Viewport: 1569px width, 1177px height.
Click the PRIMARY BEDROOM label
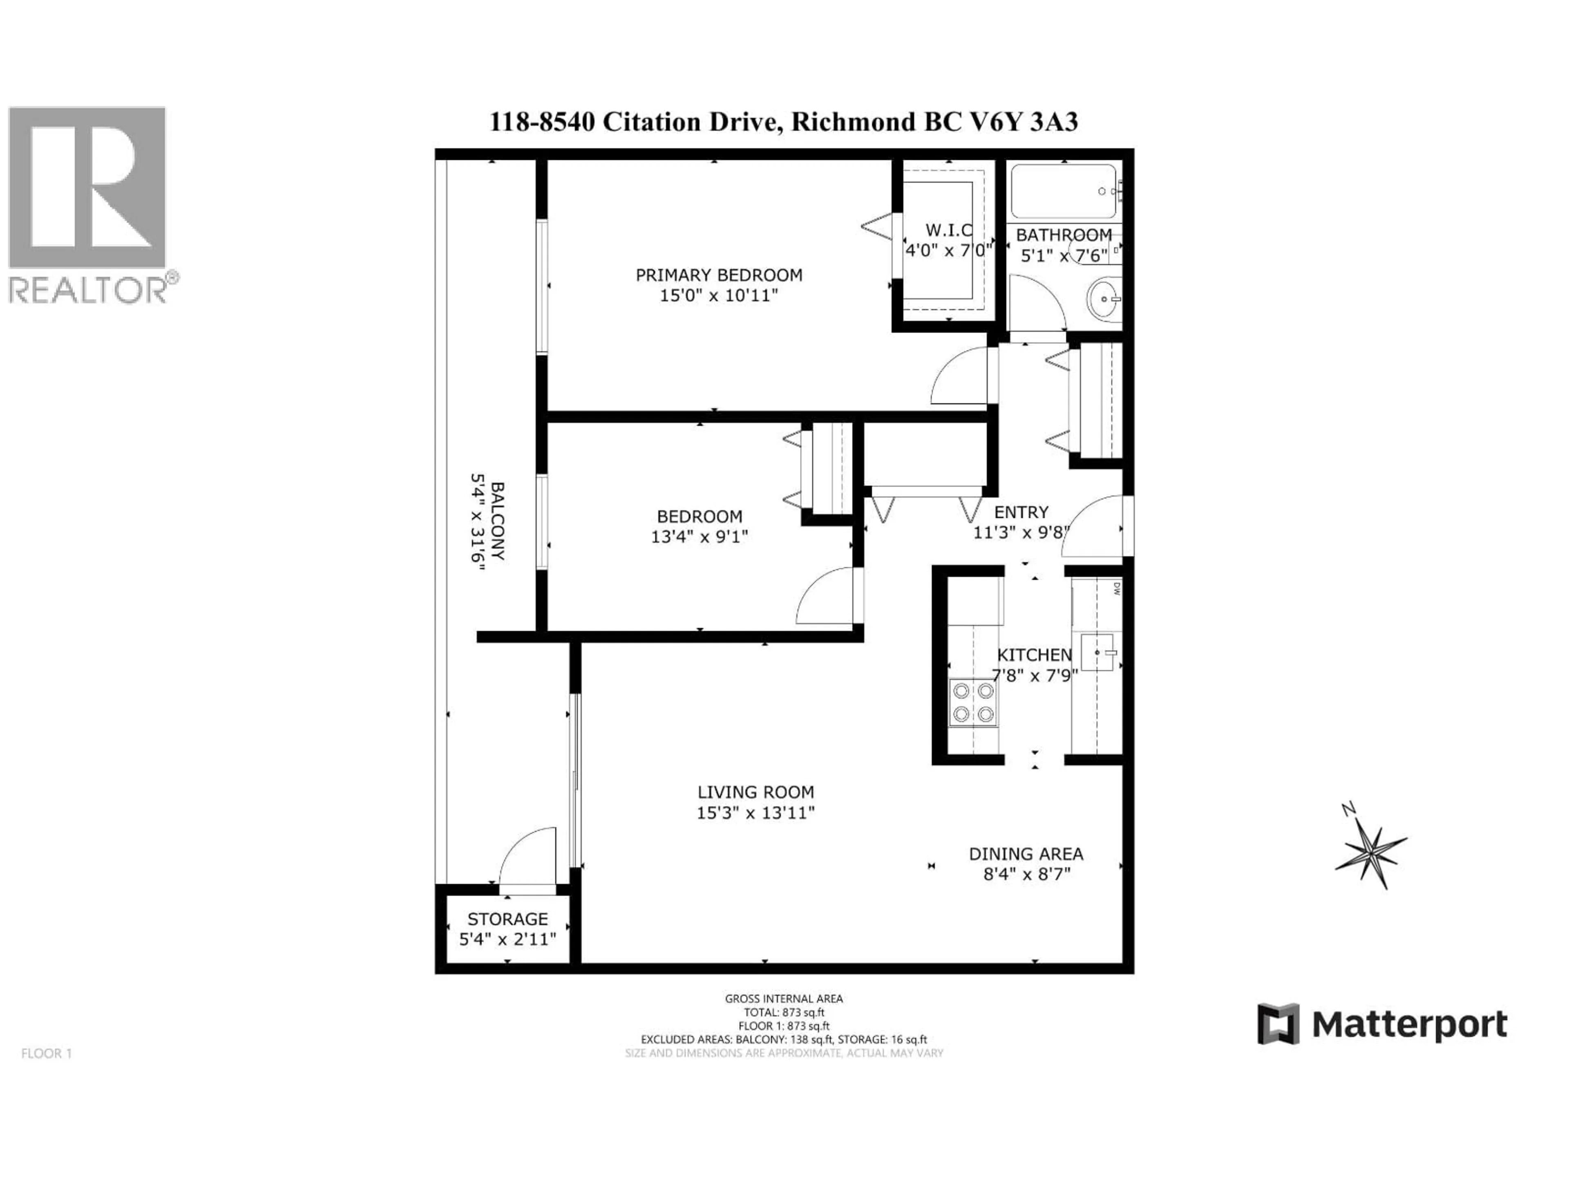[x=719, y=275]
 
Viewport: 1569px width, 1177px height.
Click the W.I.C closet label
[x=948, y=230]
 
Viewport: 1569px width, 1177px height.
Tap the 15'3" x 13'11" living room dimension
[x=755, y=813]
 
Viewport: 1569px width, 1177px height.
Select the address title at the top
[x=784, y=122]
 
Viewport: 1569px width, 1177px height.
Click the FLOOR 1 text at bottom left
[x=47, y=1054]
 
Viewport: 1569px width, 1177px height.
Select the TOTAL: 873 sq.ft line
[x=784, y=1012]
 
